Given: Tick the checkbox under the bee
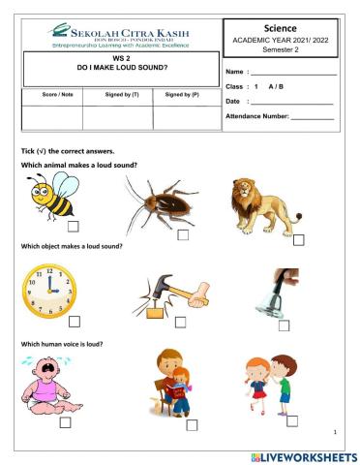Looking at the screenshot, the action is click(74, 226).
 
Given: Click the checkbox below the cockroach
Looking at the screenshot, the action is click(183, 233).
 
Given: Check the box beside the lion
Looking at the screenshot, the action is click(298, 238).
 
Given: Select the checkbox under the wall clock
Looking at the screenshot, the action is click(74, 322).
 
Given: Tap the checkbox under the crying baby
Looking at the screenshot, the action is click(65, 422).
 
